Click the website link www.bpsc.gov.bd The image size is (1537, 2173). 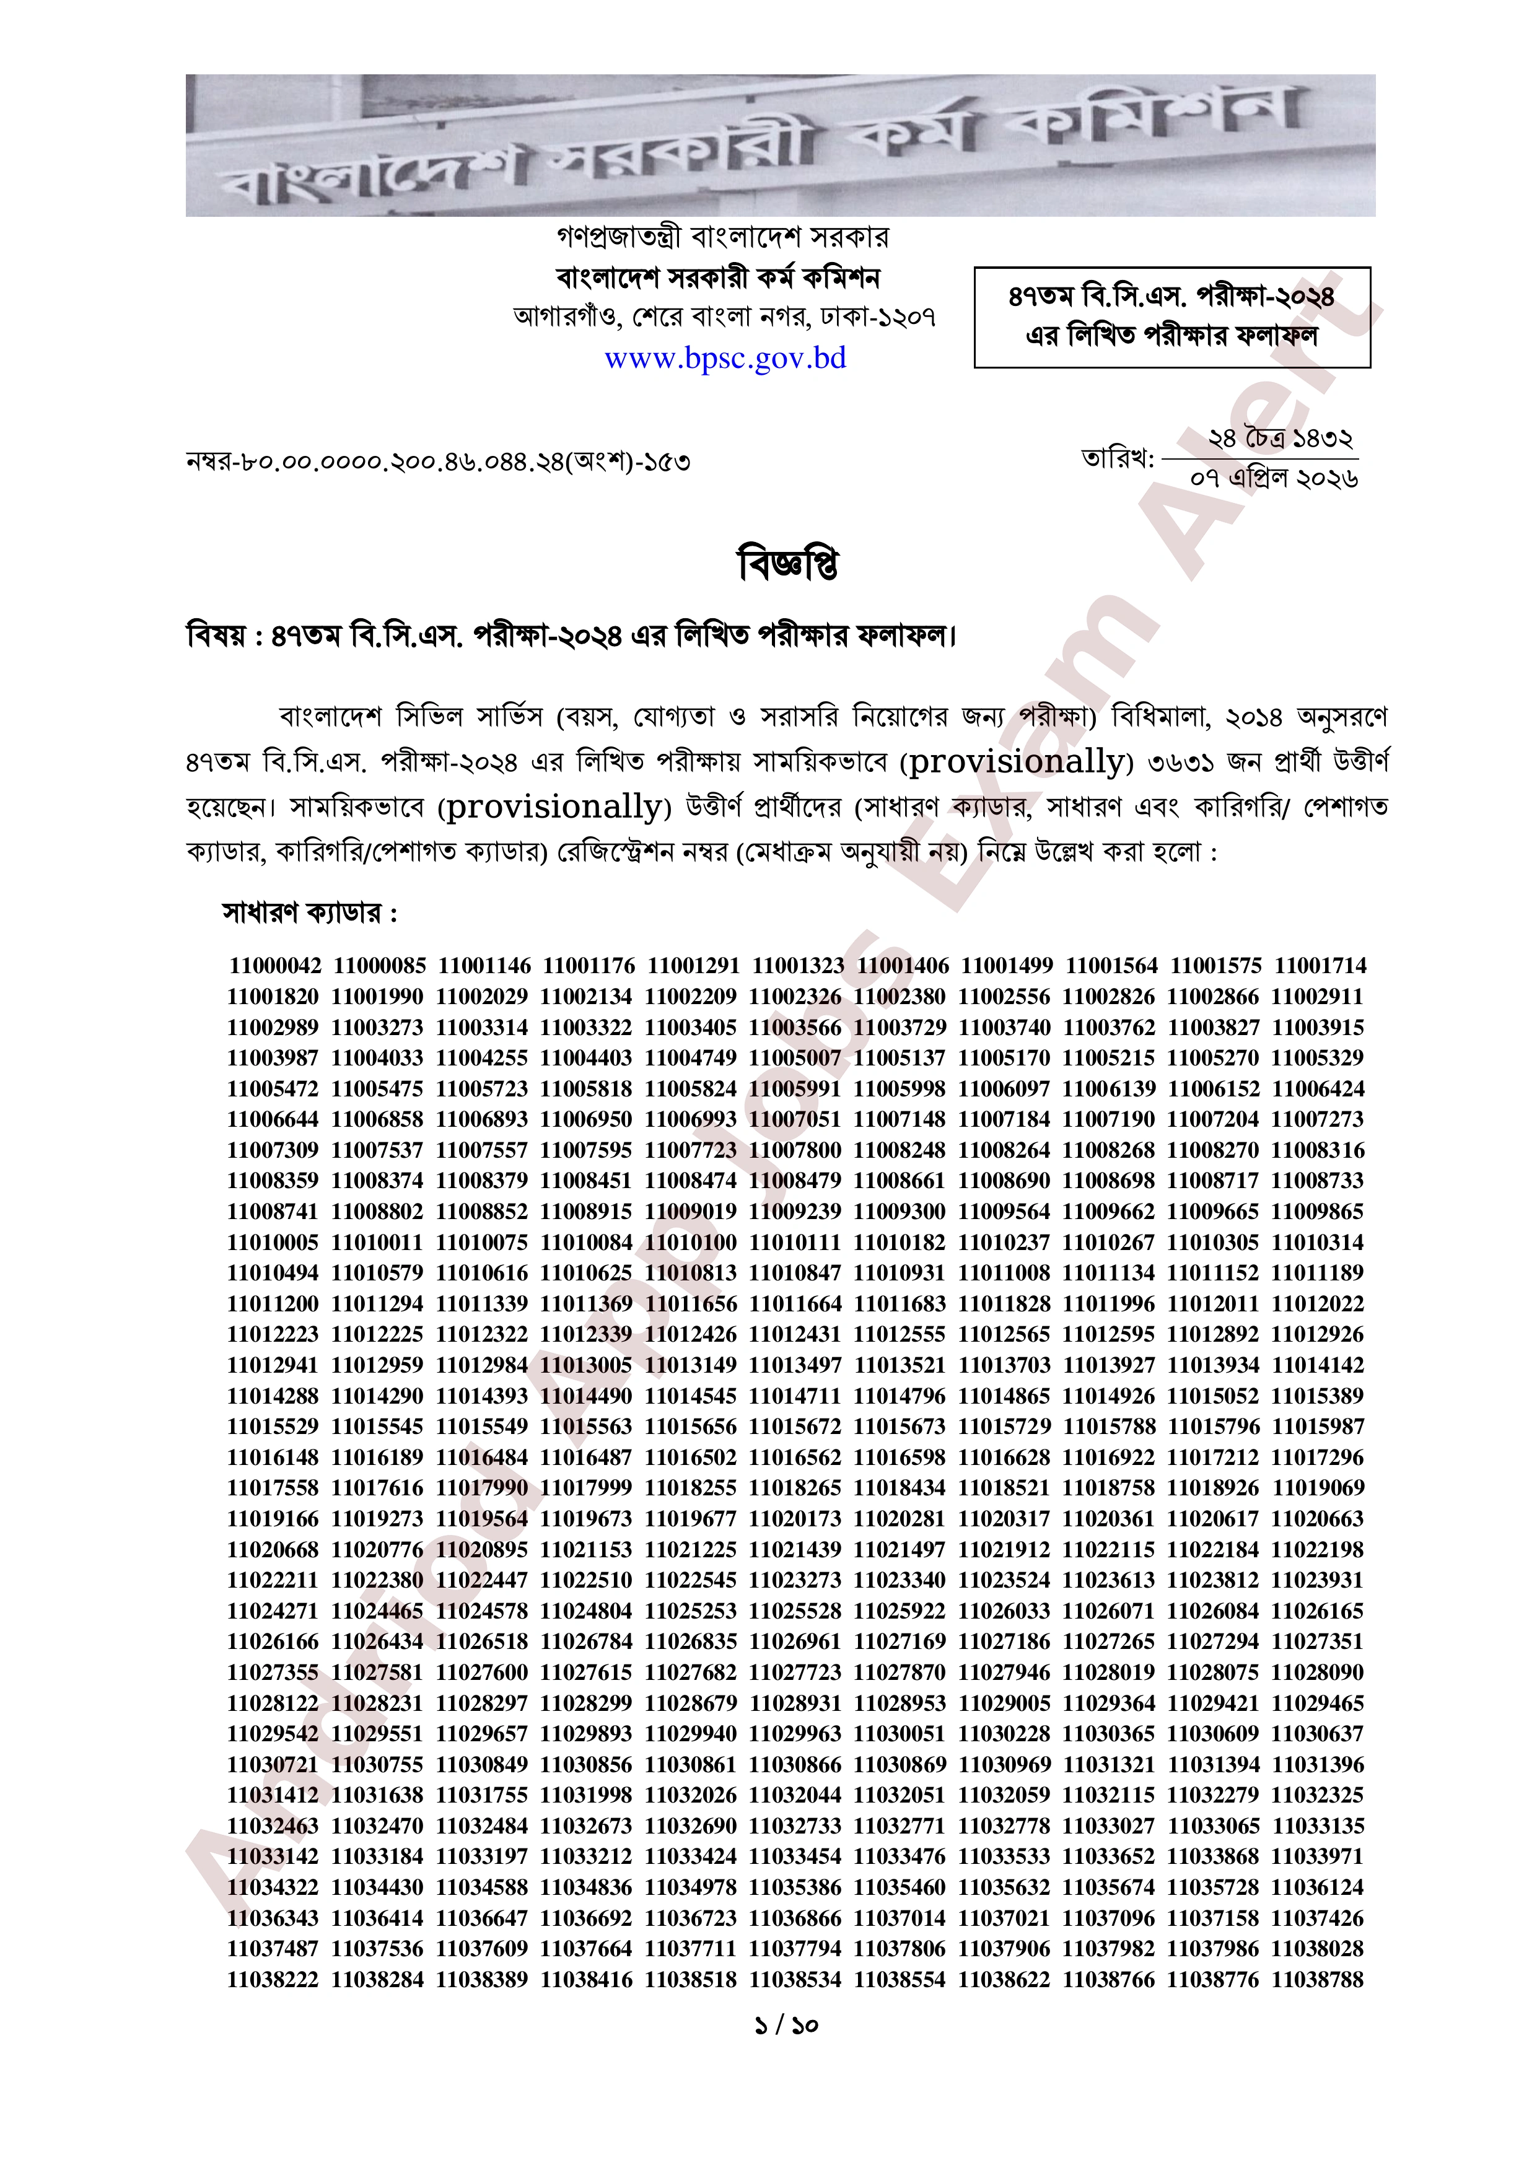click(725, 359)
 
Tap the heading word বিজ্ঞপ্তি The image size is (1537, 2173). click(787, 564)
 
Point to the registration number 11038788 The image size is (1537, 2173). click(1318, 1979)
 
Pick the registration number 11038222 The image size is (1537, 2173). click(273, 1979)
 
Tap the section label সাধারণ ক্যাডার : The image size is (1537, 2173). click(310, 913)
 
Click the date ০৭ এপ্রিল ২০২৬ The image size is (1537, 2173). click(1274, 479)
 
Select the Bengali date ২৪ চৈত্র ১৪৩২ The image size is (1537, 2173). click(1279, 439)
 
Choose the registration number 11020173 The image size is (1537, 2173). click(795, 1519)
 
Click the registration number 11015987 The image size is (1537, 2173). click(1318, 1427)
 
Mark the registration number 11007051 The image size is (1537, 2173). click(795, 1119)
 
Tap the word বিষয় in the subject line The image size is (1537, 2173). click(216, 635)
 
